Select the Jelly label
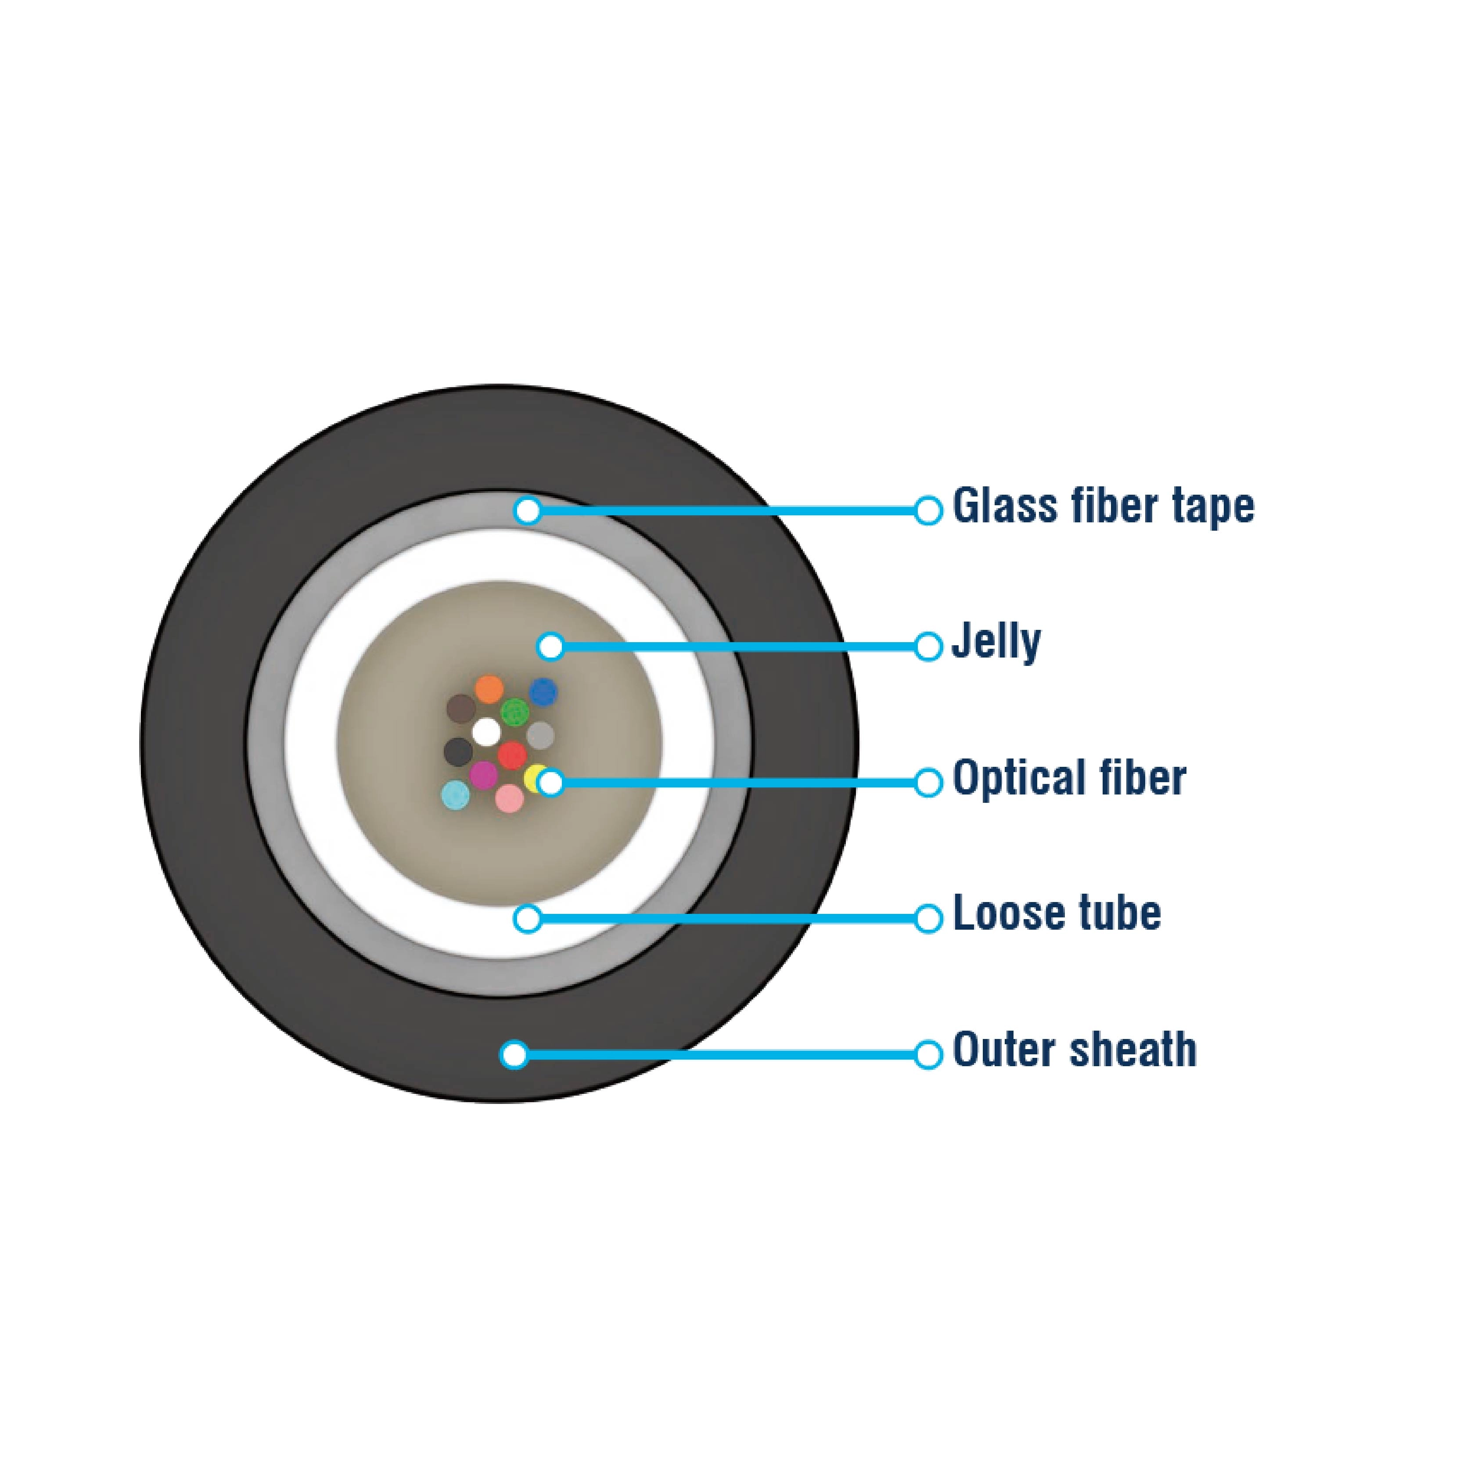point(996,643)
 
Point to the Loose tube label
point(1057,913)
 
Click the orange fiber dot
point(489,689)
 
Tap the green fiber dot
point(515,712)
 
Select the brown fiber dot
point(460,709)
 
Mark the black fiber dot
point(457,752)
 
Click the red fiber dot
point(512,755)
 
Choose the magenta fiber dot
point(483,775)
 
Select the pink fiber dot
point(509,798)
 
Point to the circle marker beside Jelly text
point(927,647)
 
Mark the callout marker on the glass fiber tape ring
point(527,510)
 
